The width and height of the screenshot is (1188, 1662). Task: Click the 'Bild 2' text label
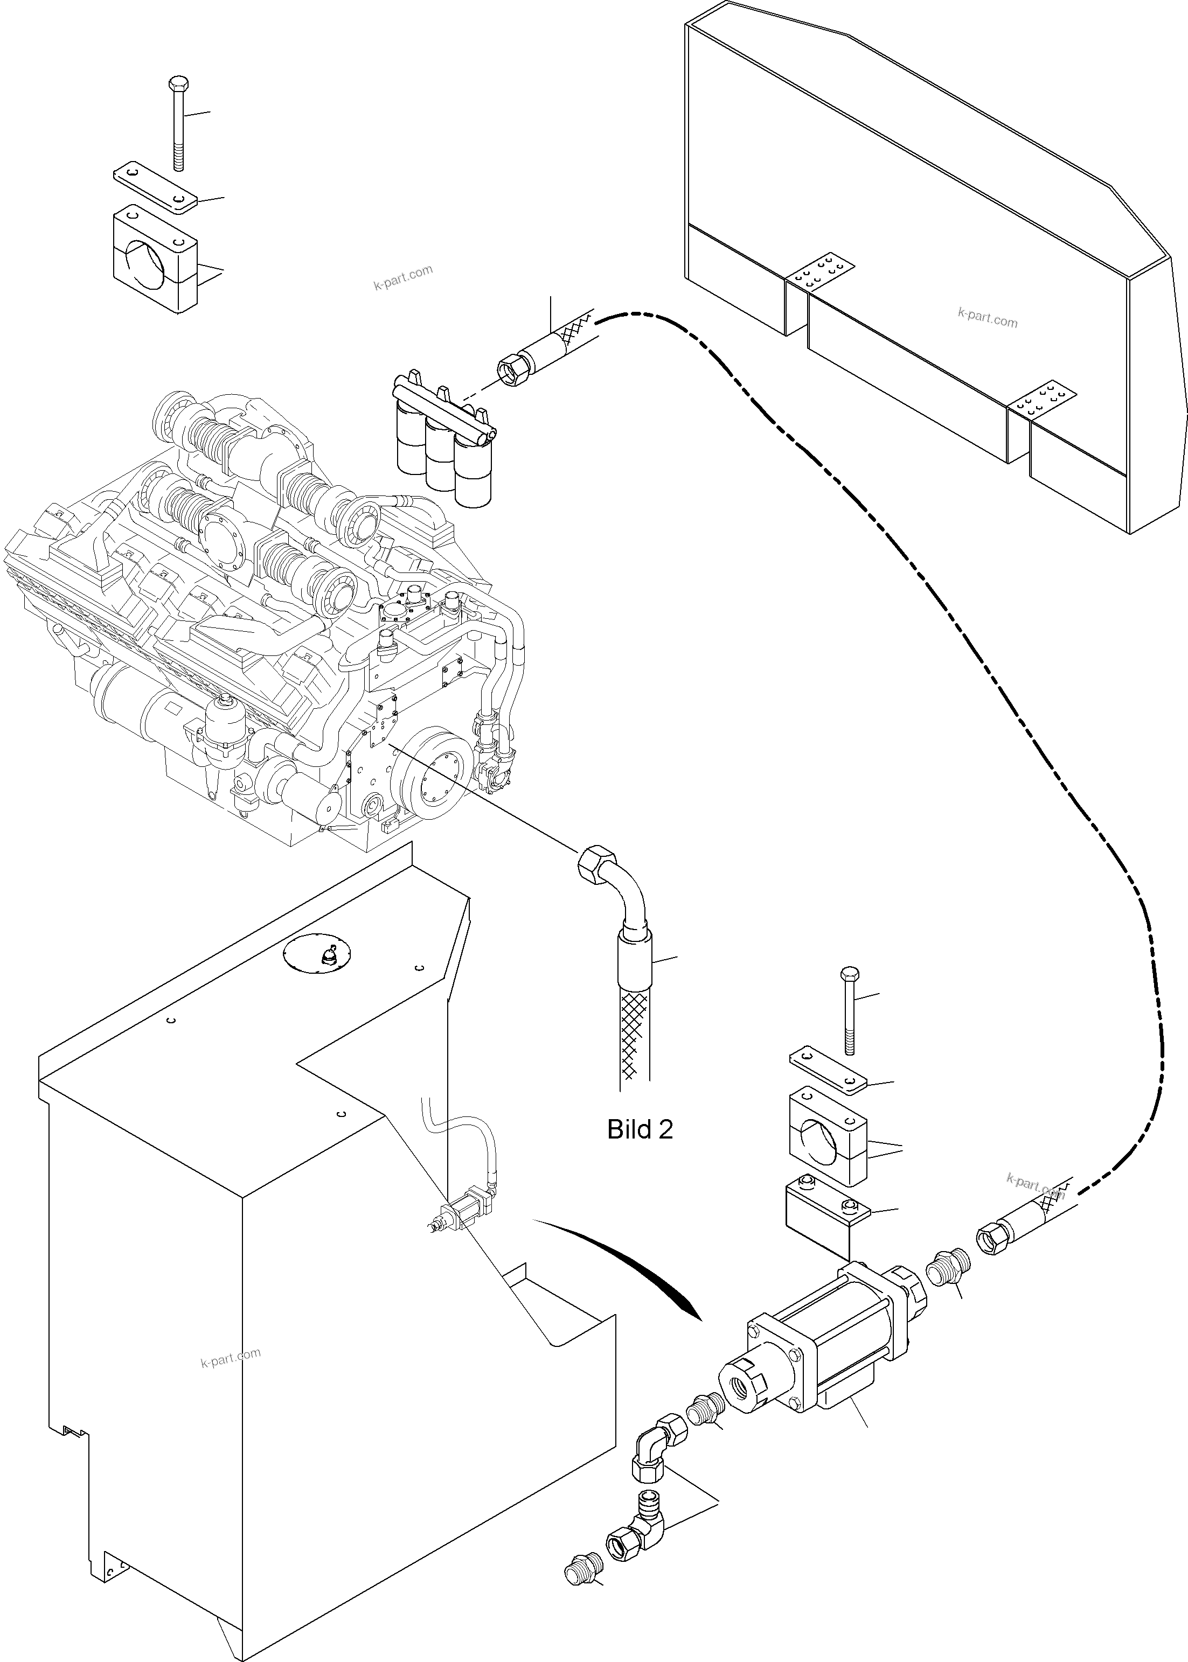(x=640, y=1130)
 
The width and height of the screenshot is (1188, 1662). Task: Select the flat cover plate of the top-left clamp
(x=155, y=187)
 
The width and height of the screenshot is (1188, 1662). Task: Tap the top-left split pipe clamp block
(x=155, y=260)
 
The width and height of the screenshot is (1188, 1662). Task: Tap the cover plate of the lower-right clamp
(x=826, y=1067)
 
